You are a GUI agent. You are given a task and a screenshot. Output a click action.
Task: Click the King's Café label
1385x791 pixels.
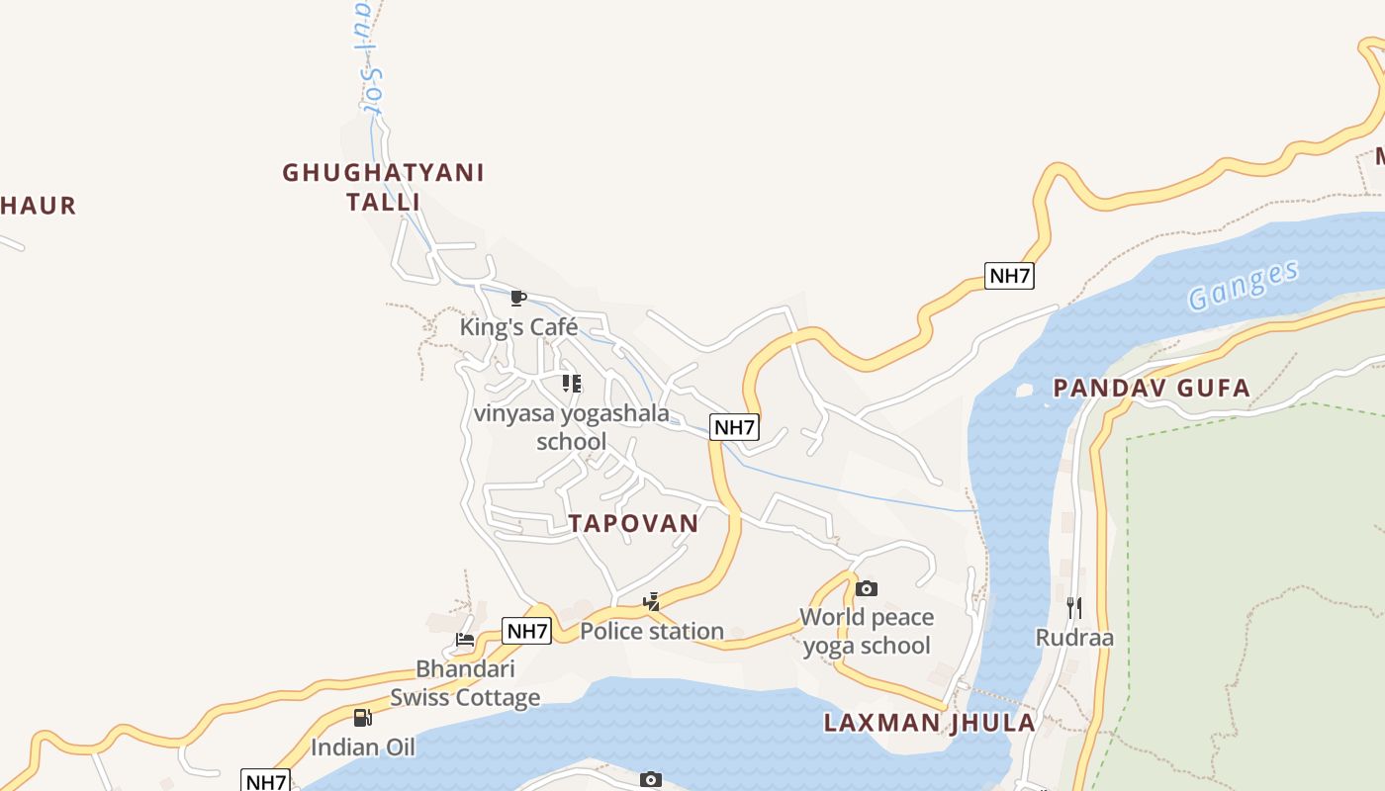518,326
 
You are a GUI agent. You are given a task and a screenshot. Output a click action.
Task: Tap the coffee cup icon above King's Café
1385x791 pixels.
517,298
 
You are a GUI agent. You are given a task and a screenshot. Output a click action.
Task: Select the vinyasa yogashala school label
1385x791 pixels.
572,427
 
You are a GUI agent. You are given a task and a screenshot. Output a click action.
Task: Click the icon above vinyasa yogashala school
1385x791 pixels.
572,384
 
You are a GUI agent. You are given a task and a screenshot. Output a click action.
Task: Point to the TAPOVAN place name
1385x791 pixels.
633,523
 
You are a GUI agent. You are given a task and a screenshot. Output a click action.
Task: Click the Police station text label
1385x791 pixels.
652,631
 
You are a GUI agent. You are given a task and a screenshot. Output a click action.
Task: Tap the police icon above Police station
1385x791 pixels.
651,601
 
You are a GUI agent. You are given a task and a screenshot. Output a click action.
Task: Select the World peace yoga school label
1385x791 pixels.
867,631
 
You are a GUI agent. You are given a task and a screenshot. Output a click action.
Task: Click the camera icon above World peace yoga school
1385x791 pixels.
867,589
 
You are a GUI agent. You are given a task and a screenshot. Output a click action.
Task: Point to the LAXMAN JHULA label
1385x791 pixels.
930,723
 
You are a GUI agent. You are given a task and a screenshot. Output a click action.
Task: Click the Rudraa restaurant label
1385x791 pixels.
1074,638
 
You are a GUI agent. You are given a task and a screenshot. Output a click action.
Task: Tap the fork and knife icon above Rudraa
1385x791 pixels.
1074,607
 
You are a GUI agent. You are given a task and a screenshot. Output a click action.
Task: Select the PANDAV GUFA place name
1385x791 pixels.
1153,388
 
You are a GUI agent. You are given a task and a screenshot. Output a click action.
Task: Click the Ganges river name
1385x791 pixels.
1244,286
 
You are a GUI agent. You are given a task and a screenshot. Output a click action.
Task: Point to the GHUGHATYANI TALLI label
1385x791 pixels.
384,187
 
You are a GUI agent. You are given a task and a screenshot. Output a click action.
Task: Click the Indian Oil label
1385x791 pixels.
363,747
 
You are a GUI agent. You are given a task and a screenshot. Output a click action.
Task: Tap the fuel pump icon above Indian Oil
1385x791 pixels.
363,718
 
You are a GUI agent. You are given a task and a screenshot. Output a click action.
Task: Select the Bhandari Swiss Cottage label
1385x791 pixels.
465,683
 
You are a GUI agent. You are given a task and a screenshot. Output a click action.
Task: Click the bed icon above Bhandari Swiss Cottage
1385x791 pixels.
465,640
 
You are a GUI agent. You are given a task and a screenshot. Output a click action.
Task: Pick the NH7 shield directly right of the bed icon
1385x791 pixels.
526,631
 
